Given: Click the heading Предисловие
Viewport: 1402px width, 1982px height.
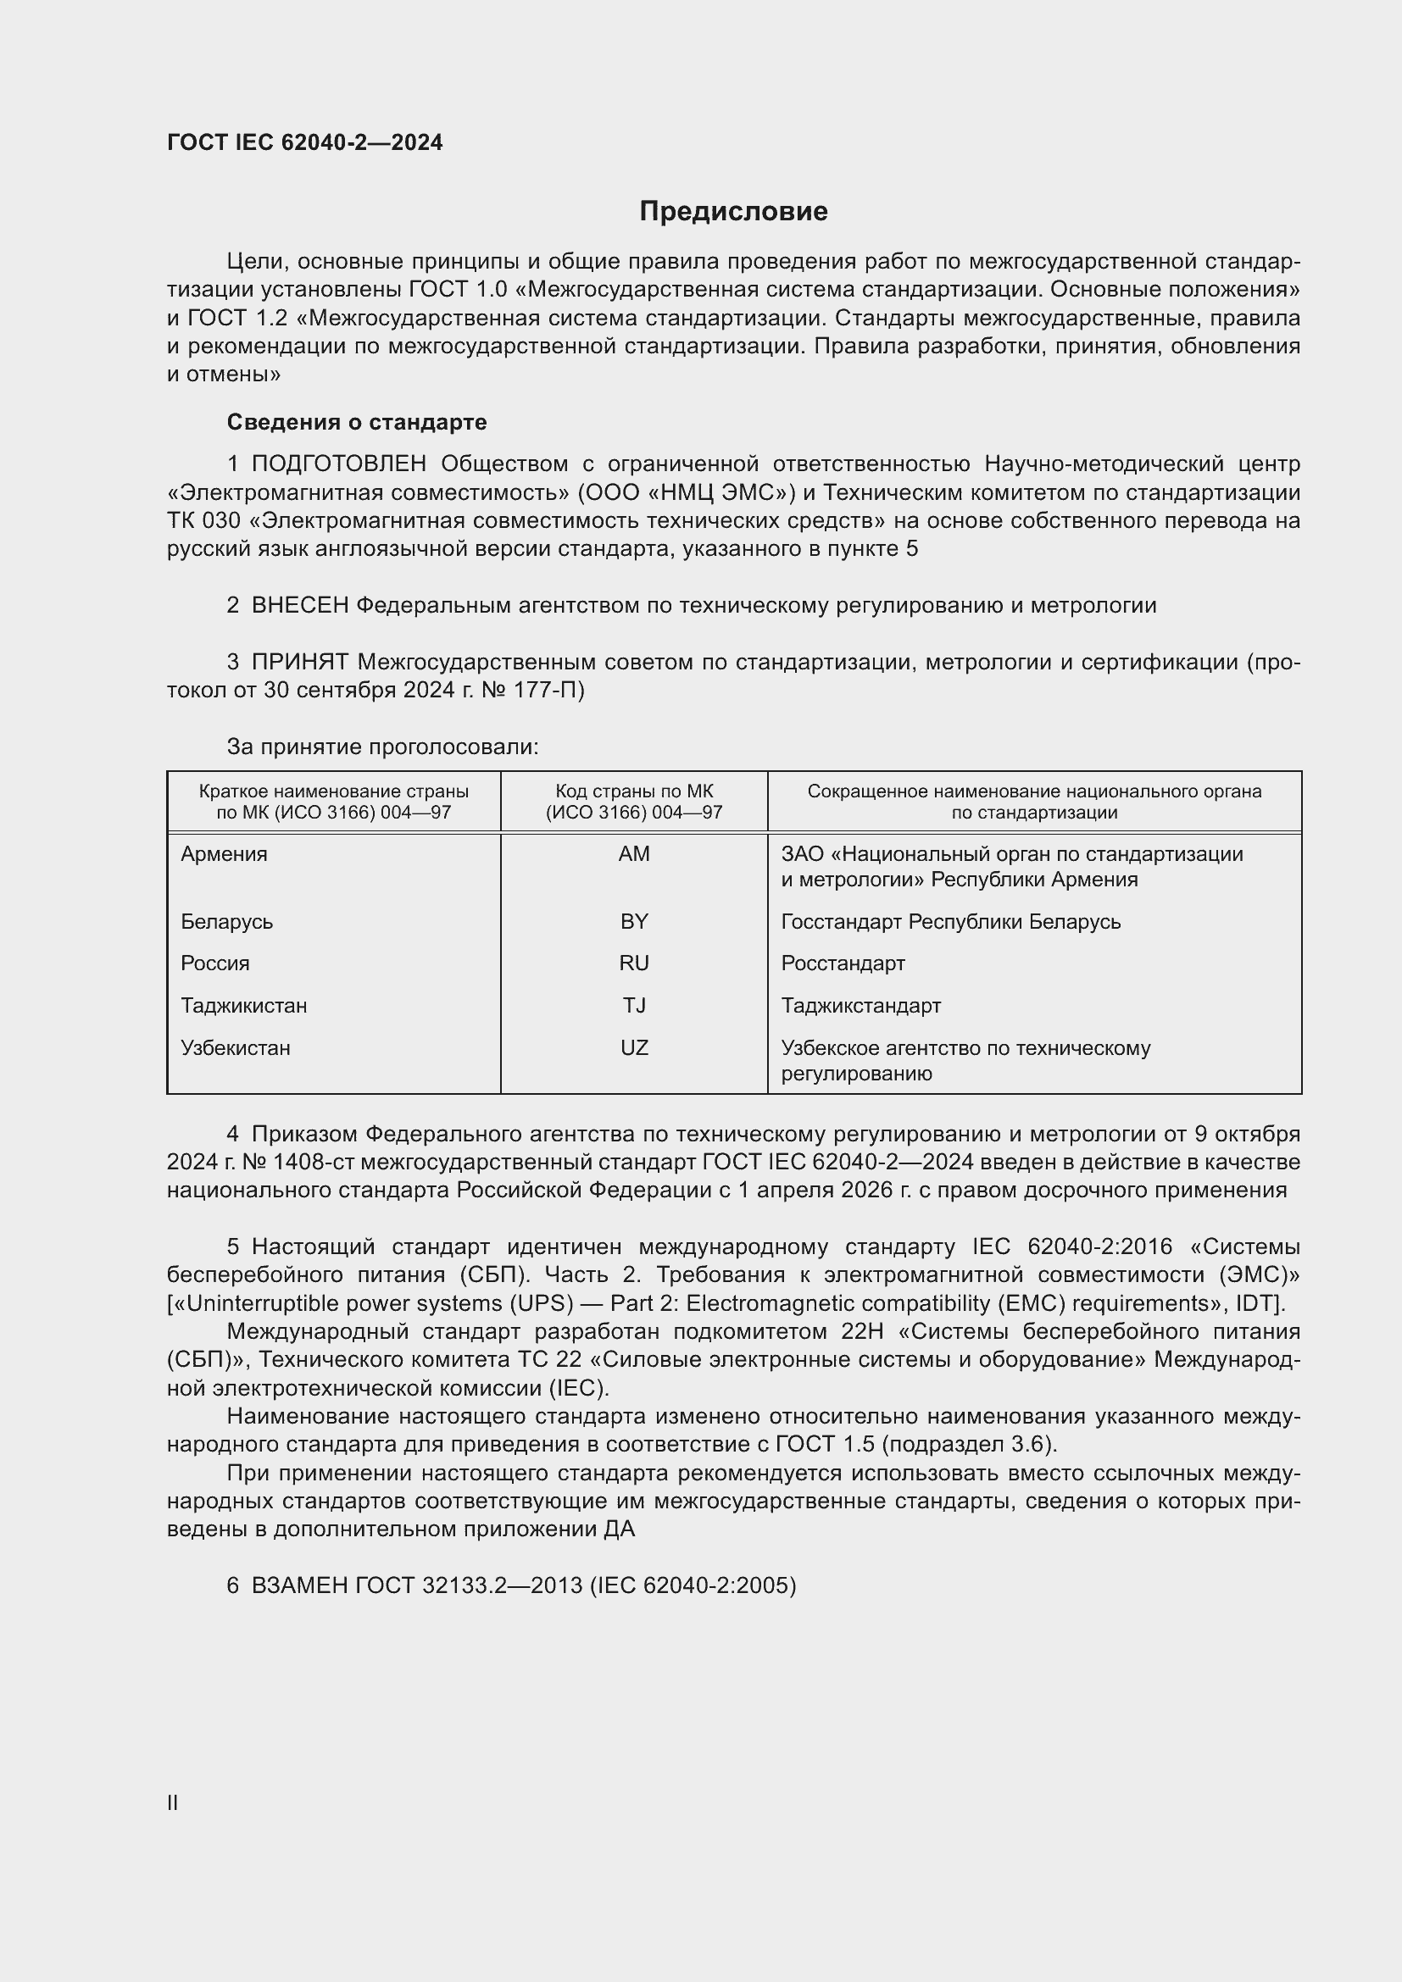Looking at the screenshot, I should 733,212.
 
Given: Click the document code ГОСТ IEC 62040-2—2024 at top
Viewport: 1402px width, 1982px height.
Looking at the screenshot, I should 305,142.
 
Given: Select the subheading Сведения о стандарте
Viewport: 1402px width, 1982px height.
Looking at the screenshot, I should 357,422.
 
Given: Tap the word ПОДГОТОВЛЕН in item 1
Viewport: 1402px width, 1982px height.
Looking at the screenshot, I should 339,464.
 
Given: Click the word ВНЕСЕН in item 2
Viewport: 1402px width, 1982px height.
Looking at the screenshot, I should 299,606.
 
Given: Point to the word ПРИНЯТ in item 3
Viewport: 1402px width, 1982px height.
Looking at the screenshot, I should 299,662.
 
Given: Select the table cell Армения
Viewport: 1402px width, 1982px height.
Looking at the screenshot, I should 225,854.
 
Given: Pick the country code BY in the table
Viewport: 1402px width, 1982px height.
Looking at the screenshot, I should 634,921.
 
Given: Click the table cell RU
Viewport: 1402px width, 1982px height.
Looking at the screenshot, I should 634,963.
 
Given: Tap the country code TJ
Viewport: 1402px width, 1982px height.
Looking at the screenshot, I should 634,1006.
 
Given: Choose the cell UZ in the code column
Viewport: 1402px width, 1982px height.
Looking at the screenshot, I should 634,1048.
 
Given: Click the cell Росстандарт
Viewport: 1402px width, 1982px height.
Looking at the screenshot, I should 843,963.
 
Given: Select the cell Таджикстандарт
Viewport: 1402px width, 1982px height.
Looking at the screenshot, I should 860,1006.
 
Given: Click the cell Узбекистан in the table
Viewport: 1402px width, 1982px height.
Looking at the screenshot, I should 236,1048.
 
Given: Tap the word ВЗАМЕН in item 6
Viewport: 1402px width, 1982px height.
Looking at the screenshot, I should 299,1585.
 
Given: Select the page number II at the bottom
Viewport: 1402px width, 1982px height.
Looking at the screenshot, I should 173,1802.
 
